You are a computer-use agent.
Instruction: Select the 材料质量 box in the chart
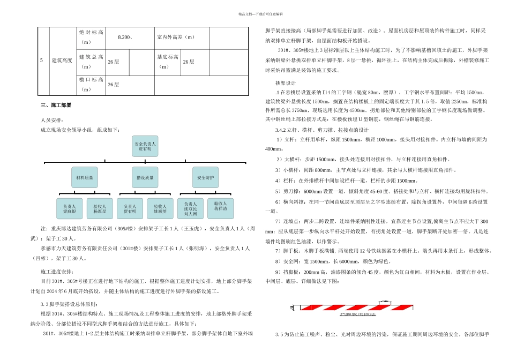point(85,177)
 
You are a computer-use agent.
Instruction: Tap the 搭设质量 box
point(145,177)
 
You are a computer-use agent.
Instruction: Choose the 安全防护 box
point(206,177)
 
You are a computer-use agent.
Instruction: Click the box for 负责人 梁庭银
point(70,208)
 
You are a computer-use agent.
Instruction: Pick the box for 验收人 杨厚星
point(100,208)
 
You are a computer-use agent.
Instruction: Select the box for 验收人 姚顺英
point(160,208)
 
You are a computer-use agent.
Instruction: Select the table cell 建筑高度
point(62,61)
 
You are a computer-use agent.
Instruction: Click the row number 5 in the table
point(41,61)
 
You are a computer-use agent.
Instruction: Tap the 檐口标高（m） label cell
point(91,84)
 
